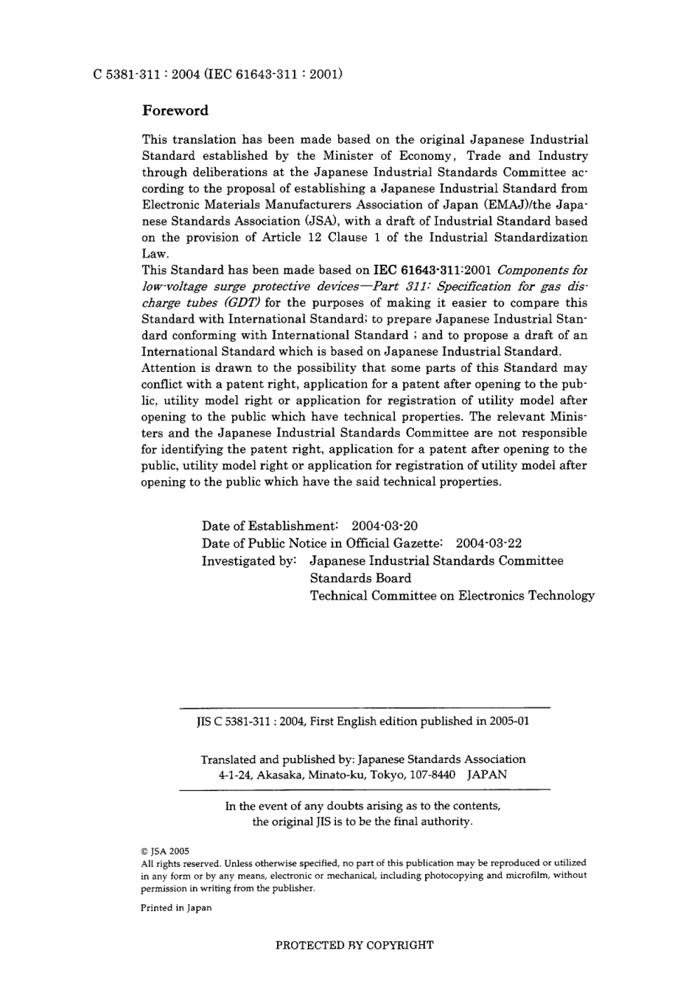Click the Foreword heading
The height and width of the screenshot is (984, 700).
[x=175, y=110]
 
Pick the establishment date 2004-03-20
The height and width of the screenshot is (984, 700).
[x=385, y=526]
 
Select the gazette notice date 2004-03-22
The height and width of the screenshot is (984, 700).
[x=489, y=544]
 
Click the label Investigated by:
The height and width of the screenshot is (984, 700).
[x=249, y=561]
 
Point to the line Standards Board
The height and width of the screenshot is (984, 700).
[x=360, y=578]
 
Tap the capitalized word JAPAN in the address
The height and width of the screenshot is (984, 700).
[x=487, y=775]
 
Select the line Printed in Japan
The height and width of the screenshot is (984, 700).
[x=176, y=908]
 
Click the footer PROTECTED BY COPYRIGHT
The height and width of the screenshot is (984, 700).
[x=354, y=945]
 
